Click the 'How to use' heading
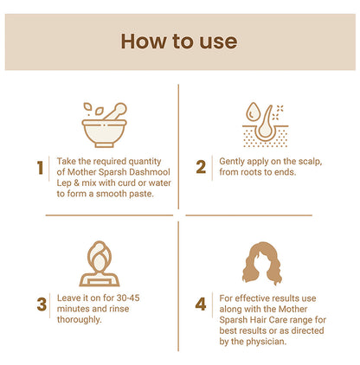pos(179,42)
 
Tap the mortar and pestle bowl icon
pos(104,125)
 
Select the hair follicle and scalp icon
pos(265,125)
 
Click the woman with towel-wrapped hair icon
pos(100,264)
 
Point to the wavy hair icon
pos(262,263)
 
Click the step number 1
pos(41,168)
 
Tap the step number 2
pos(201,167)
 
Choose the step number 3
pos(42,304)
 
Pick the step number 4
pos(201,304)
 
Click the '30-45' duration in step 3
pos(128,298)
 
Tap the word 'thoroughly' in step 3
pos(79,320)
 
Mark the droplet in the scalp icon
pos(253,112)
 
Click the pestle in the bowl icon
pos(115,112)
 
